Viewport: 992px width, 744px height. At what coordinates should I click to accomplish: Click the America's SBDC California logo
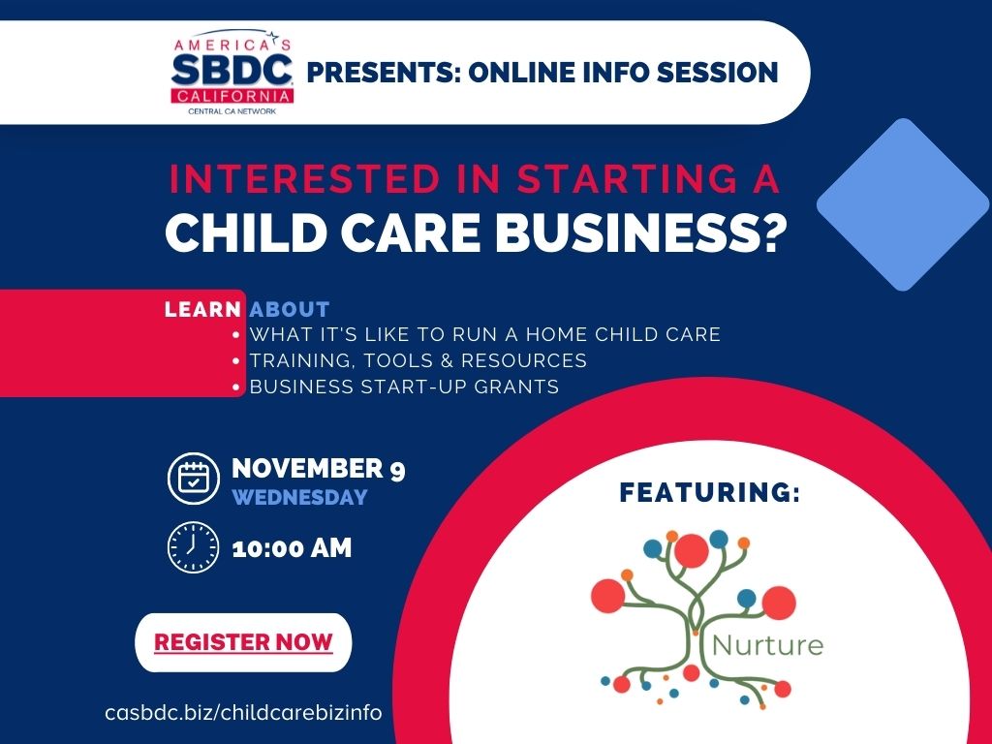tap(232, 72)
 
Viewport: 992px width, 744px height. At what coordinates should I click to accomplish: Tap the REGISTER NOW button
tap(243, 642)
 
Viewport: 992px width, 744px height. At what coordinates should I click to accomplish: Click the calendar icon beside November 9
tap(194, 479)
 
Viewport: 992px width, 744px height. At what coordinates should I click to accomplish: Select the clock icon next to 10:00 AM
tap(193, 547)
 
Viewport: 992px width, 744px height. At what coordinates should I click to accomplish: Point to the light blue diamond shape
tap(904, 204)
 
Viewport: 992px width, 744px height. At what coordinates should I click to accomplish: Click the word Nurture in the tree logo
tap(767, 645)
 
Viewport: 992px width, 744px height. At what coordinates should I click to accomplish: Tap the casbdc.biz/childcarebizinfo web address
tap(243, 712)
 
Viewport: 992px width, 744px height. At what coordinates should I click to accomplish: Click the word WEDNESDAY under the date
tap(300, 497)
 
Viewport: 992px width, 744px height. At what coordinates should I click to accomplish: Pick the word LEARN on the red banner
tap(202, 309)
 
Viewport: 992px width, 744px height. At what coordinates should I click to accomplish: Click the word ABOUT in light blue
tap(290, 309)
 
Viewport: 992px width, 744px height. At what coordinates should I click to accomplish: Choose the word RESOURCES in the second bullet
tap(524, 360)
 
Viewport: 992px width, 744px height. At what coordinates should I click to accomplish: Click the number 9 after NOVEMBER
tap(397, 470)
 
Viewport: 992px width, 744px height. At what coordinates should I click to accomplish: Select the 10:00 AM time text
tap(292, 548)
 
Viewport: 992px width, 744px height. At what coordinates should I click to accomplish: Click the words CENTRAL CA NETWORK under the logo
tap(232, 111)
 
